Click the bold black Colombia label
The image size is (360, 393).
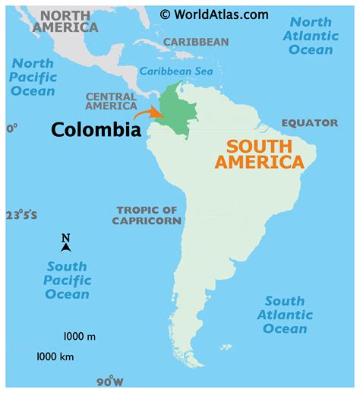[x=96, y=130]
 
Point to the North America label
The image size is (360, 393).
[x=69, y=21]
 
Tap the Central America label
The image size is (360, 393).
[x=111, y=102]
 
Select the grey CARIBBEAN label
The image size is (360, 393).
[x=196, y=42]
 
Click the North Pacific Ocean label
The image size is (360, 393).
[x=32, y=77]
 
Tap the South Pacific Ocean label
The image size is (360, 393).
[x=67, y=280]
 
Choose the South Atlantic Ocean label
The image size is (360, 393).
[x=285, y=315]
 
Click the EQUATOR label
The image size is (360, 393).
[x=309, y=123]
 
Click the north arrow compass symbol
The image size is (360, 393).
[x=66, y=243]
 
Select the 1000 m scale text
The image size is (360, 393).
[x=79, y=335]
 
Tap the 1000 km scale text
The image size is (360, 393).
[x=55, y=356]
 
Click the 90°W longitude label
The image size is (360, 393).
[x=109, y=381]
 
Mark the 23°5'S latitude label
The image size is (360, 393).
[x=21, y=215]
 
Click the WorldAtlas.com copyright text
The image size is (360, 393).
[x=214, y=14]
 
